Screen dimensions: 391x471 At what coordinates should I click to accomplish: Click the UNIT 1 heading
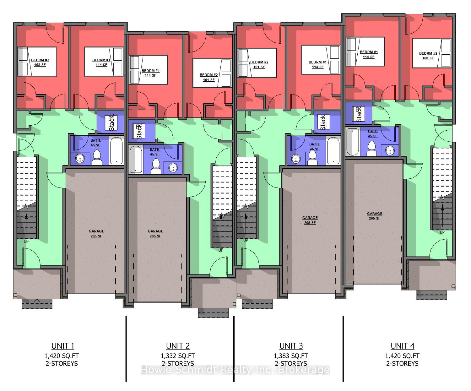click(63, 346)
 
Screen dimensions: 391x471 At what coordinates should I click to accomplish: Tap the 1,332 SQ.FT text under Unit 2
click(178, 356)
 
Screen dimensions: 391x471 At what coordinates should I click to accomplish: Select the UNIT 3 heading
click(291, 346)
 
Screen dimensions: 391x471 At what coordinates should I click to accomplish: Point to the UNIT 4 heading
click(403, 346)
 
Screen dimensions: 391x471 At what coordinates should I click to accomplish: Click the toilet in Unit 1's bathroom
click(97, 157)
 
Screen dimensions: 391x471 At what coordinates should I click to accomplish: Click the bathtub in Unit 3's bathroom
click(333, 150)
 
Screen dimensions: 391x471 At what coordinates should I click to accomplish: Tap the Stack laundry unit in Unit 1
click(112, 122)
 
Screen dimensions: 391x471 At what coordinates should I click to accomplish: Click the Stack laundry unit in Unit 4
click(358, 114)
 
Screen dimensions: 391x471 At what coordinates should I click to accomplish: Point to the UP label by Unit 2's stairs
click(221, 250)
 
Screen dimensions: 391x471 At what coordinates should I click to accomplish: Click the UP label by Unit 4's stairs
click(442, 232)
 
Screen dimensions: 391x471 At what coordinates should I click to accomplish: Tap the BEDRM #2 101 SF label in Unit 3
click(259, 64)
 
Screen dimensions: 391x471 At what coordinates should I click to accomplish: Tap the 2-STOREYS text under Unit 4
click(402, 363)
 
